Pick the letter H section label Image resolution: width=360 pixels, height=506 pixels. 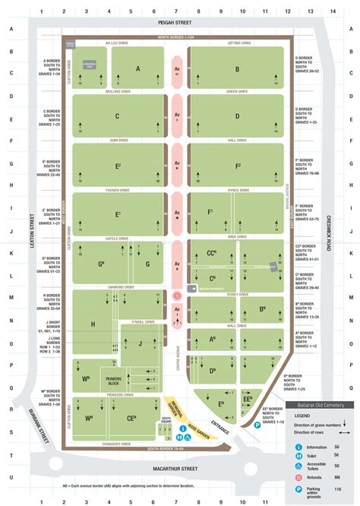click(93, 324)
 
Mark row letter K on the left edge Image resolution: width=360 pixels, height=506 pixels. click(11, 253)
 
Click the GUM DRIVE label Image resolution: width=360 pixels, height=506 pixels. click(118, 140)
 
